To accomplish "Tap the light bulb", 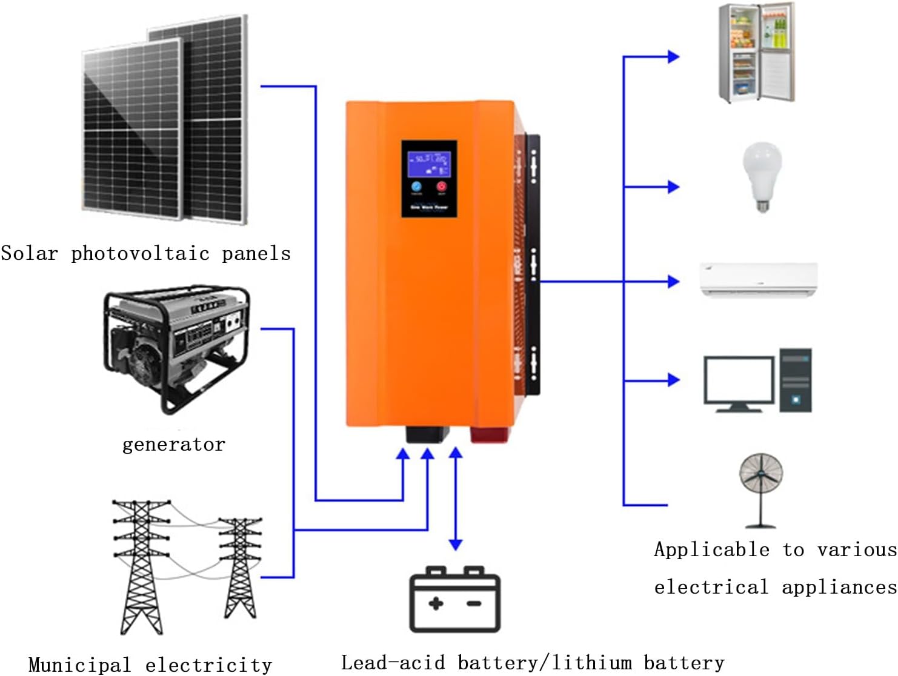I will point(762,175).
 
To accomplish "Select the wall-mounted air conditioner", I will point(759,279).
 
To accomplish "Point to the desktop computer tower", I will point(795,380).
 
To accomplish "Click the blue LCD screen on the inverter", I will point(428,164).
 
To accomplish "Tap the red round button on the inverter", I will point(441,187).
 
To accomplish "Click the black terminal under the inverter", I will point(427,434).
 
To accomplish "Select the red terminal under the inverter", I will point(490,434).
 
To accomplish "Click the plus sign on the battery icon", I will point(435,603).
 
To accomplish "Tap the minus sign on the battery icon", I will point(474,603).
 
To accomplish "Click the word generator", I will point(174,445).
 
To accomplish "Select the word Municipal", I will point(79,664).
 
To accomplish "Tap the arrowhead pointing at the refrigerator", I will point(673,57).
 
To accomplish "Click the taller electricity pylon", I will point(141,566).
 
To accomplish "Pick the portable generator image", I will point(176,348).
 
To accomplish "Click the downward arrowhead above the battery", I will point(456,545).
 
